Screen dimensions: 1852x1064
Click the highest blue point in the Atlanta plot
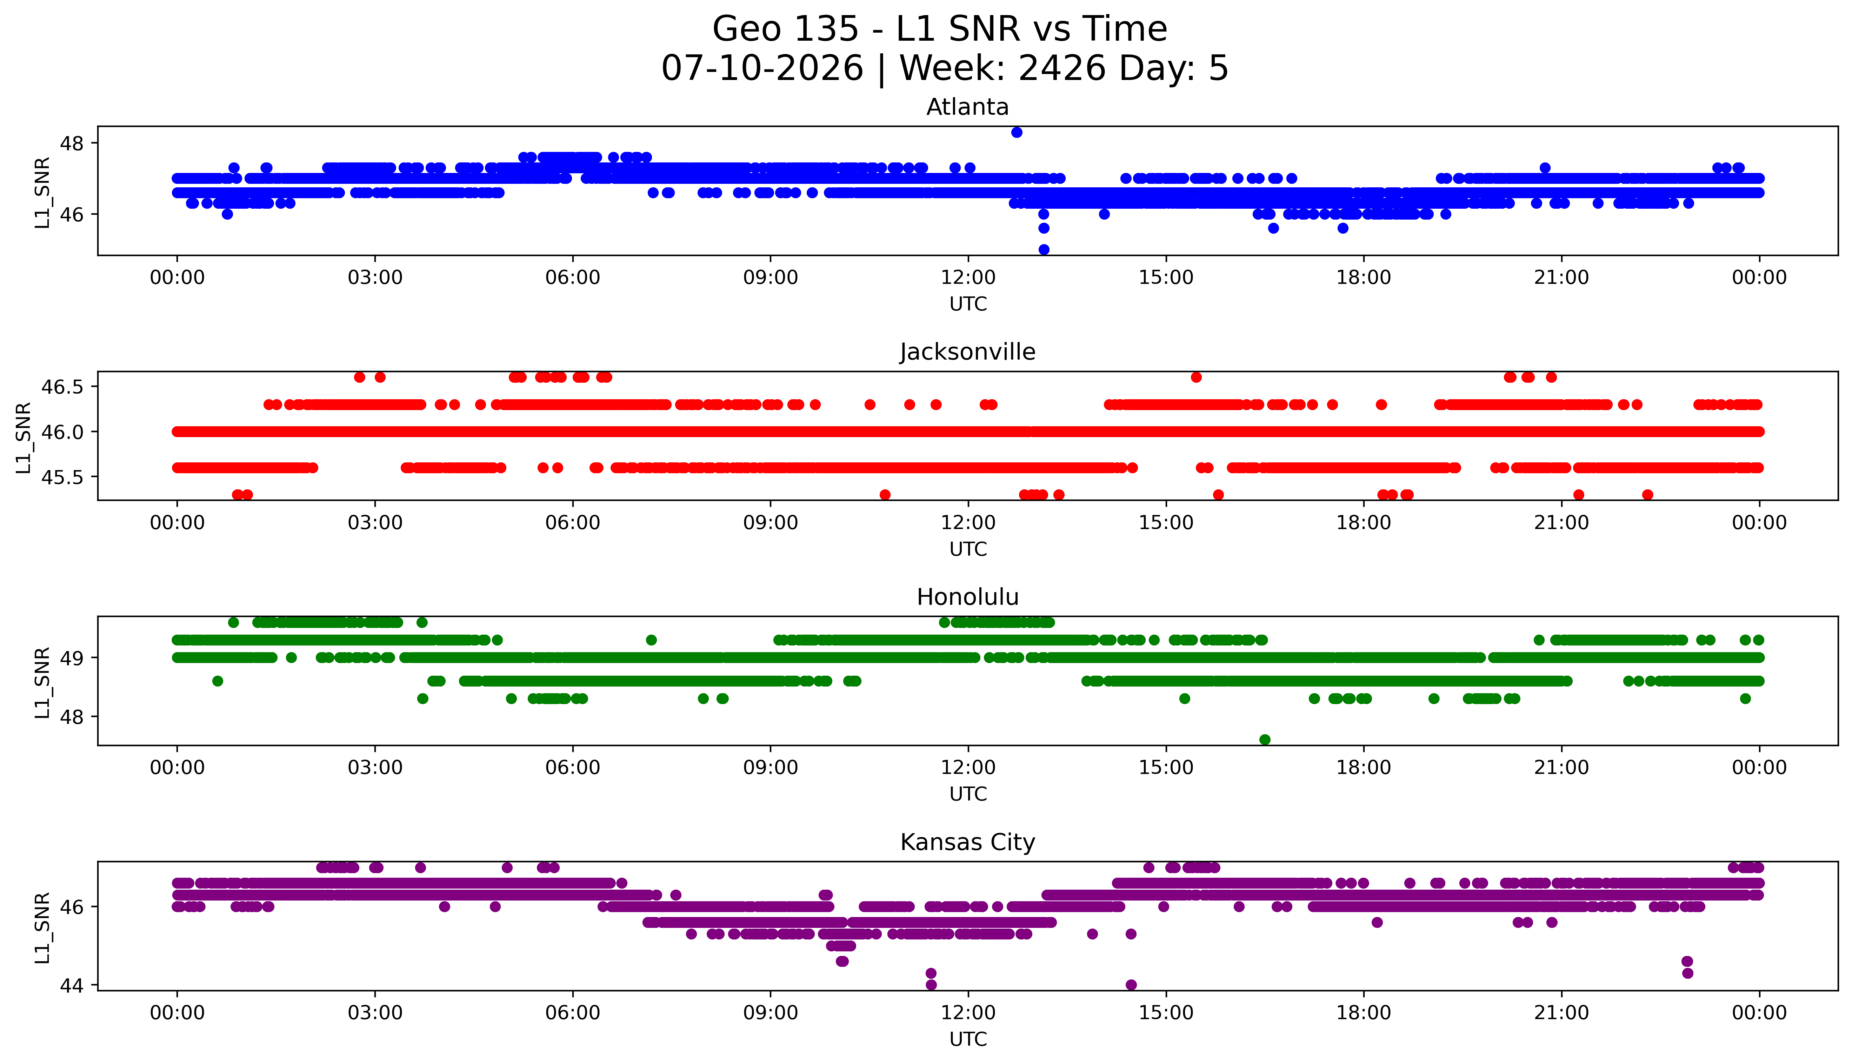tap(1017, 132)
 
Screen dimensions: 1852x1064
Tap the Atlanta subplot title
tap(968, 107)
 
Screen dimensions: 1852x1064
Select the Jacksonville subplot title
tap(968, 352)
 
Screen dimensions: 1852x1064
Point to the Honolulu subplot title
tap(968, 597)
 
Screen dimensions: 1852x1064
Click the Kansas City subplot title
tap(968, 843)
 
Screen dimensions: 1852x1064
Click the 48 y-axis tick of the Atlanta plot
tap(72, 143)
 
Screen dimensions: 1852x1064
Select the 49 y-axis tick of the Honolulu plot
tap(72, 658)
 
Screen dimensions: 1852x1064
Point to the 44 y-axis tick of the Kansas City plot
tap(72, 985)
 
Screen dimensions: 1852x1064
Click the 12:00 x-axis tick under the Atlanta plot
tap(968, 278)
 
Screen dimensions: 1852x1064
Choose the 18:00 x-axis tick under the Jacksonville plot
tap(1364, 522)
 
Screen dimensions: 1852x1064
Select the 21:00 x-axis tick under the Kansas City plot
tap(1562, 1013)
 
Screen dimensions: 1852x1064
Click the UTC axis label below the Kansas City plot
tap(968, 1039)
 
